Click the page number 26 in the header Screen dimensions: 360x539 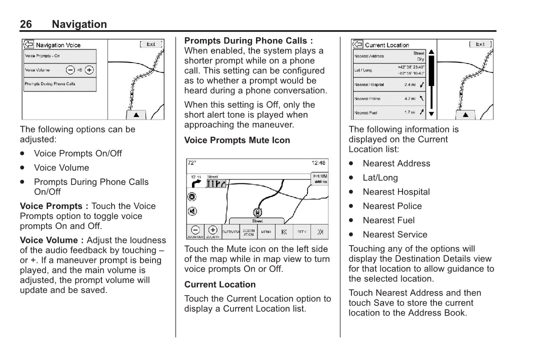tap(26, 24)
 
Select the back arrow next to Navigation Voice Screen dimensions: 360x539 tap(28, 44)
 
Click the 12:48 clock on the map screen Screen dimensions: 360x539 tap(318, 163)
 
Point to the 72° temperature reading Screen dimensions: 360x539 tap(192, 163)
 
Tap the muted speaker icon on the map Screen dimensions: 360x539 tap(192, 211)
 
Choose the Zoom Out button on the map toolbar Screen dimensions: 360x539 tap(195, 231)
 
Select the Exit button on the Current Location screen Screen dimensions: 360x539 tap(480, 44)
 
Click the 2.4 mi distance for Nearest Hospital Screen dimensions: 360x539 tap(410, 84)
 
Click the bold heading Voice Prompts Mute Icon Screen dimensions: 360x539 tap(237, 140)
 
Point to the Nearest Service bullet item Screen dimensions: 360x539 tap(395, 234)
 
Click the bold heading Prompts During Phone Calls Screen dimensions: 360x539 tap(248, 41)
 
